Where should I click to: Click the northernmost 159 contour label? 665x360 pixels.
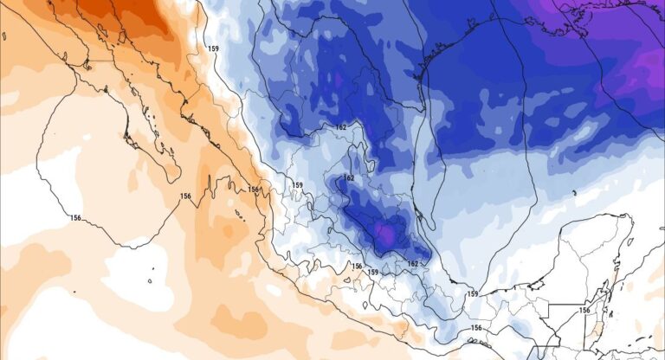click(213, 48)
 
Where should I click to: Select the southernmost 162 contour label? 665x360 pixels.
click(412, 263)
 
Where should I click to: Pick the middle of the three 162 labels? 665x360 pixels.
click(349, 178)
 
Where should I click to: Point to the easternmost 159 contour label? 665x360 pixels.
click(473, 295)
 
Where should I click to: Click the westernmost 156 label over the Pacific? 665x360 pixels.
click(76, 218)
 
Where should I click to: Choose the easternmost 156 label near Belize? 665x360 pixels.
click(584, 311)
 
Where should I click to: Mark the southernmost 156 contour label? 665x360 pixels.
click(476, 328)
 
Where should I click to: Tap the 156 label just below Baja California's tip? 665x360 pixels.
click(185, 196)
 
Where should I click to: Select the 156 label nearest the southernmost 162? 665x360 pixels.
click(356, 266)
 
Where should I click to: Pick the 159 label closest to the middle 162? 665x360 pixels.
click(297, 185)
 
